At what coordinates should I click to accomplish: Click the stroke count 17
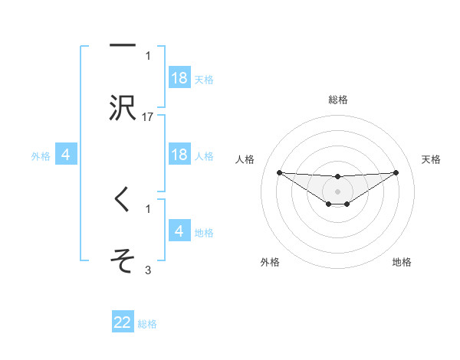[x=148, y=116]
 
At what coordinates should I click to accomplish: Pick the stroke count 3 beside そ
[x=148, y=270]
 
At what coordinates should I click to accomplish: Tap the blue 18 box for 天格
[x=179, y=78]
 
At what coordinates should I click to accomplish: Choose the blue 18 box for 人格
[x=179, y=155]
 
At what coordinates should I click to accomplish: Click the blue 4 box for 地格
[x=179, y=231]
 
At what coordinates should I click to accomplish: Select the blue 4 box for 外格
[x=66, y=155]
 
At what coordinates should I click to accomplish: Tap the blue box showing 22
[x=123, y=322]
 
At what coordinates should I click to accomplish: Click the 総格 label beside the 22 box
[x=148, y=324]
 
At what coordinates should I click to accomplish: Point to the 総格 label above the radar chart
[x=337, y=100]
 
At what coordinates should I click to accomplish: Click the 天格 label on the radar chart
[x=432, y=159]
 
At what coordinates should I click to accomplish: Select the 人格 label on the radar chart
[x=245, y=159]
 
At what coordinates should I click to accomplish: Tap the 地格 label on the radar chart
[x=402, y=262]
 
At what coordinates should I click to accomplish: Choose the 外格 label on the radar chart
[x=270, y=262]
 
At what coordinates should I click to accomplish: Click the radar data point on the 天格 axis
[x=396, y=172]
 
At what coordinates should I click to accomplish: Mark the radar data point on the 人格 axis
[x=279, y=172]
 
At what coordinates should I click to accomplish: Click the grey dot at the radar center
[x=337, y=191]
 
